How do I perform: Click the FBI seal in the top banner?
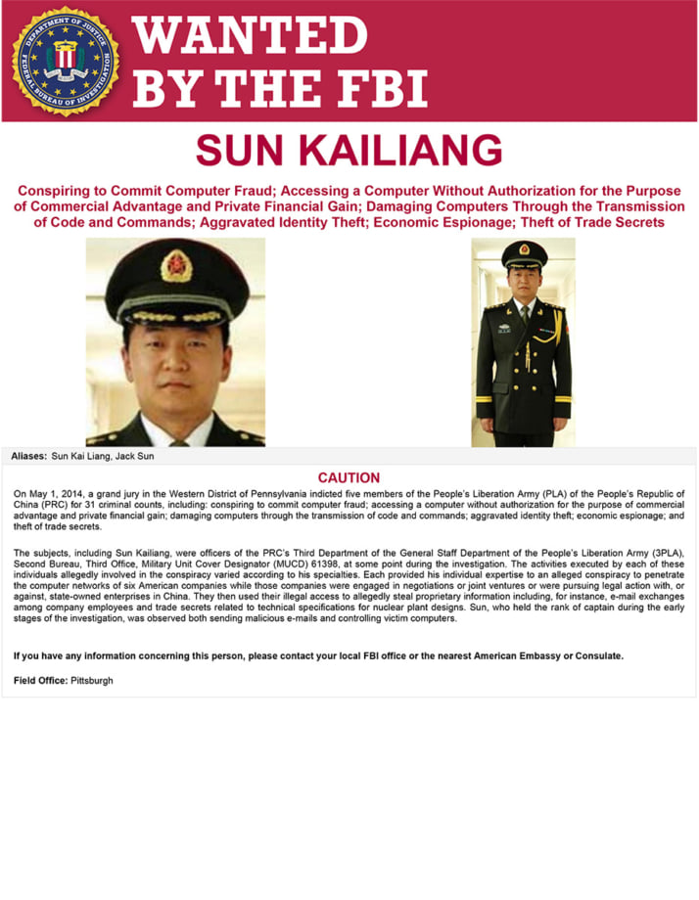pyautogui.click(x=66, y=61)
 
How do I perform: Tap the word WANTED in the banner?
pyautogui.click(x=250, y=35)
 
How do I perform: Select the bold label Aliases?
pyautogui.click(x=28, y=456)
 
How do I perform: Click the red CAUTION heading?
pyautogui.click(x=349, y=477)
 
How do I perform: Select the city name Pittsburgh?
pyautogui.click(x=91, y=680)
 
